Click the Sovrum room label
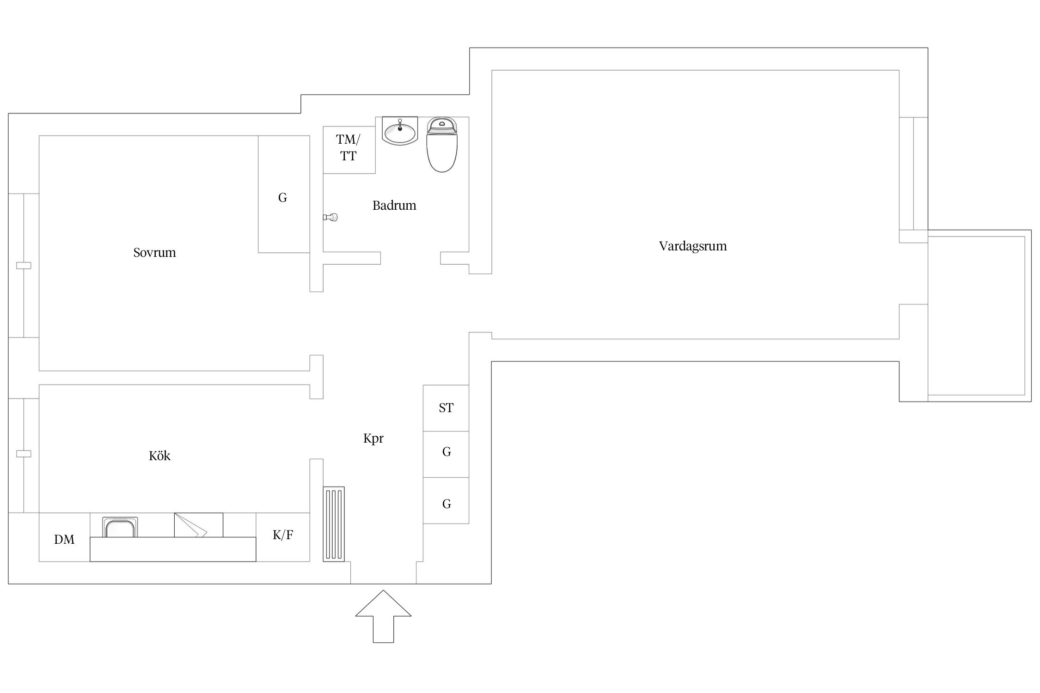point(154,253)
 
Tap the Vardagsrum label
point(692,246)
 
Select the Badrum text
point(394,205)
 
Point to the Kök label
point(159,456)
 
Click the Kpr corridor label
point(373,438)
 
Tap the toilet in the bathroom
point(442,144)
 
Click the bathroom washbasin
point(400,131)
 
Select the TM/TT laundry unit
point(349,150)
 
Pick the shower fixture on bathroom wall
point(330,217)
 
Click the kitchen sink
point(120,527)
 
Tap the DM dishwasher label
point(64,539)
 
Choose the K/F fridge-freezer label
point(283,535)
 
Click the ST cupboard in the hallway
point(446,408)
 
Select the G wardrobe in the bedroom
point(284,194)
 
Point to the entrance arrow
point(383,616)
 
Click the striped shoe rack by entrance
point(334,524)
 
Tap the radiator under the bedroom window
point(24,266)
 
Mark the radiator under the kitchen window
point(24,454)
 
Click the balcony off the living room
point(979,316)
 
